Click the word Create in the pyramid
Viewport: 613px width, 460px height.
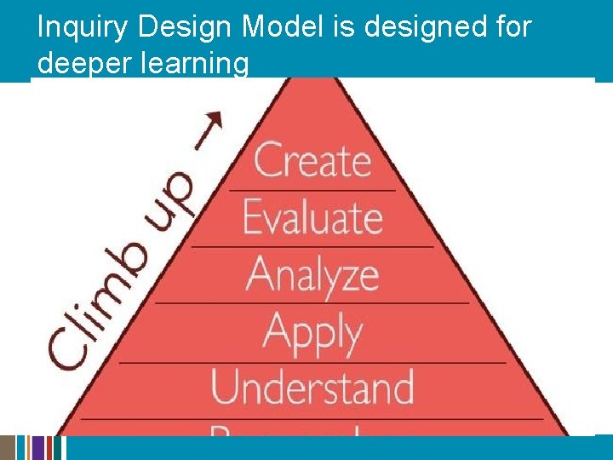click(x=312, y=160)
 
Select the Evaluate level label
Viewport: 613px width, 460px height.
click(x=312, y=216)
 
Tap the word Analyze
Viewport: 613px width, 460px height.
click(x=312, y=274)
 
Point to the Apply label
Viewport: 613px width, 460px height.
click(x=312, y=332)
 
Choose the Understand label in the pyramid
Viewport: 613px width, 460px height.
click(x=312, y=387)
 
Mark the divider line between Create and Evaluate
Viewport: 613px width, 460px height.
click(x=312, y=190)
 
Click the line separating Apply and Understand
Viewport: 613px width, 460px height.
click(x=312, y=362)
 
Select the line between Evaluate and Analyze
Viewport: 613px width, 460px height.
click(x=312, y=246)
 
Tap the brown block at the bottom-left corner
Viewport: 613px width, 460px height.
click(x=8, y=448)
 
